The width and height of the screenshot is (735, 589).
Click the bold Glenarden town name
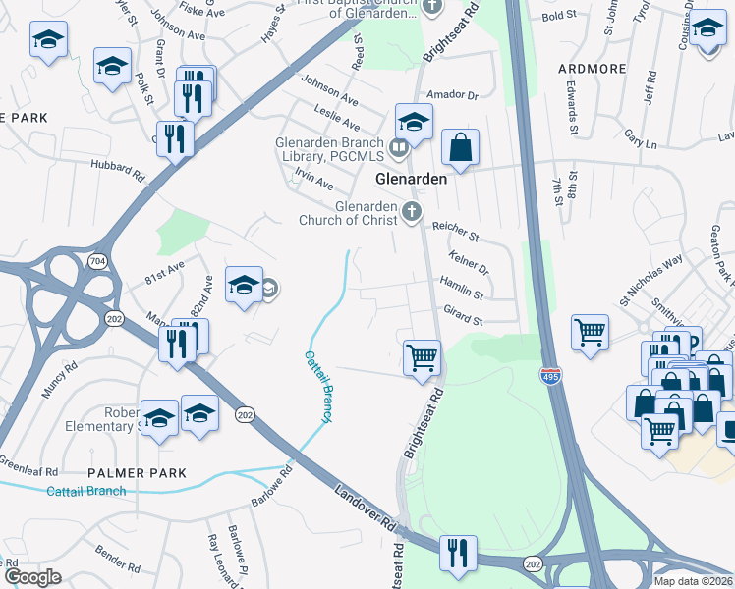pos(412,180)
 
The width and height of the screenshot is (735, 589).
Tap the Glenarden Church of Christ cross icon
pos(412,210)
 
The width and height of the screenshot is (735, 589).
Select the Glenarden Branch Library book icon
pos(398,149)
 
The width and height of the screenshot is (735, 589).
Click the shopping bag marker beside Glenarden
pos(460,148)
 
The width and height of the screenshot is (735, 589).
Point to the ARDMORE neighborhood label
pos(592,69)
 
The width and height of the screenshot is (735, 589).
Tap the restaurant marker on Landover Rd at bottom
pos(459,554)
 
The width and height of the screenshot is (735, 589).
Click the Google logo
pos(33,577)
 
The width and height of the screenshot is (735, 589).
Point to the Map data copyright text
pos(693,581)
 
